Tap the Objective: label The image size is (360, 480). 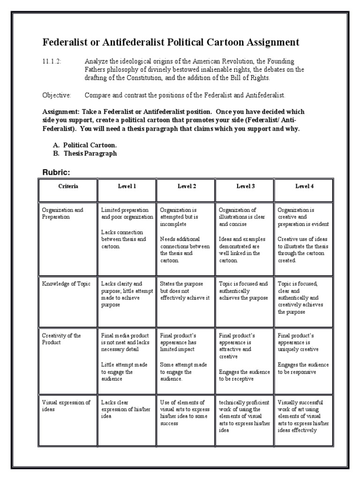click(57, 95)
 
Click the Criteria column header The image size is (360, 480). click(68, 186)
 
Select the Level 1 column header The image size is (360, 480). click(127, 186)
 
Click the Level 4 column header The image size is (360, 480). click(304, 186)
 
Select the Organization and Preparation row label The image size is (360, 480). click(62, 213)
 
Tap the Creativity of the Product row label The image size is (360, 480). click(61, 339)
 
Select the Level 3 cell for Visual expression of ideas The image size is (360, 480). click(244, 416)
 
